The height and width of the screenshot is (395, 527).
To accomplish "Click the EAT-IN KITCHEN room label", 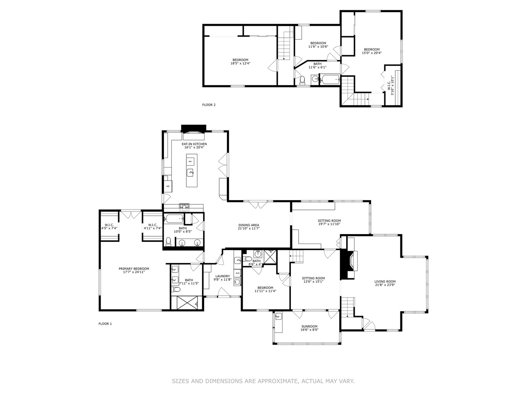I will coord(194,144).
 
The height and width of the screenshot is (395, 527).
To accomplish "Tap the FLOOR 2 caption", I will coord(209,105).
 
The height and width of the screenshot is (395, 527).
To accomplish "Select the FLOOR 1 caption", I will coord(105,324).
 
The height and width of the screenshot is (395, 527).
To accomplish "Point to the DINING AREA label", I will coord(248,225).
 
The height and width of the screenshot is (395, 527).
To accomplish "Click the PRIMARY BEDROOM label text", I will coord(134,269).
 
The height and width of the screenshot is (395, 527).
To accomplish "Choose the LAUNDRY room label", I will coord(223,276).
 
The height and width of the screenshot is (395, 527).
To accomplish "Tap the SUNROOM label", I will coord(309,327).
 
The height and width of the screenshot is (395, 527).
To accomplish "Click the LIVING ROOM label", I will coord(385,282).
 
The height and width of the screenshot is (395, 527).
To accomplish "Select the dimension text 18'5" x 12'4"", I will coord(240,63).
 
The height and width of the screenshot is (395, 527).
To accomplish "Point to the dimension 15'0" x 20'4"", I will coord(371,53).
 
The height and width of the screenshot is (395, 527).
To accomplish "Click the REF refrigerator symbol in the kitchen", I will coord(168,186).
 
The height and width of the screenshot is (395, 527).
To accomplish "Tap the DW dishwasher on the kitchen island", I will coord(190,161).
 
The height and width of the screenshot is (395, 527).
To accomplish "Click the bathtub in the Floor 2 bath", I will coord(330,79).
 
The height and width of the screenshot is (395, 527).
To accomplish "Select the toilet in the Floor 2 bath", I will coord(302,79).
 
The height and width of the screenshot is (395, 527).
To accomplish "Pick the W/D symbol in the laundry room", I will coord(237,273).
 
